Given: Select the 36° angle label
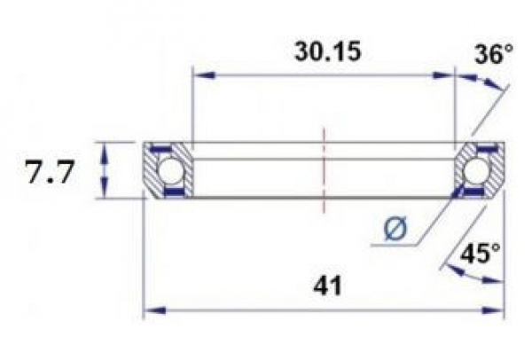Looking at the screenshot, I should coord(493,55).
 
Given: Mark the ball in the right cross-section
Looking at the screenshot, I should coord(479,169).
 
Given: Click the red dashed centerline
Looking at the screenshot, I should coord(325,168).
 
